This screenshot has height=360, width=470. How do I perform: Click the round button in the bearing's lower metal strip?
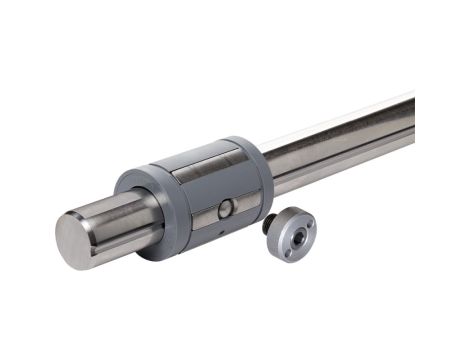pos(227,208)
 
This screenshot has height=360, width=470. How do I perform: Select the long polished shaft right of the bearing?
pos(350,145)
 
